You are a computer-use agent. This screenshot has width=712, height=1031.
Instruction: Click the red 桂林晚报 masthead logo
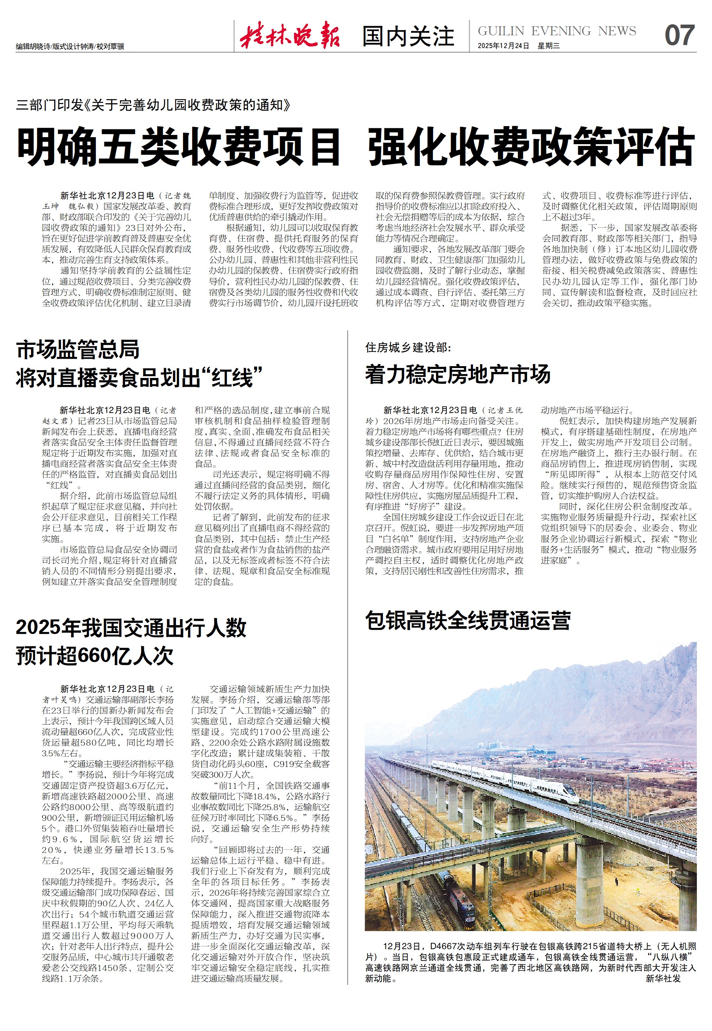click(290, 35)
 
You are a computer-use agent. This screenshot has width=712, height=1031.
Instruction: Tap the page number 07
click(679, 36)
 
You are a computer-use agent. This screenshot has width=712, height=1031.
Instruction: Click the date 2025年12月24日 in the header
click(503, 46)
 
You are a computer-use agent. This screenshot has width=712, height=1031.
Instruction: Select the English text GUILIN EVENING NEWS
click(557, 31)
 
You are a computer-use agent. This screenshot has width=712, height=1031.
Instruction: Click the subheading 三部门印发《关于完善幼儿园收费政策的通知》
click(153, 105)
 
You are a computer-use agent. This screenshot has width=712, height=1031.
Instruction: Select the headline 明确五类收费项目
click(179, 147)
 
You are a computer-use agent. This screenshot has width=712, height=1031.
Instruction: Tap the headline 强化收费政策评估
click(531, 147)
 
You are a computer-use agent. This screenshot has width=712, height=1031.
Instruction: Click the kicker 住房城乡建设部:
click(408, 347)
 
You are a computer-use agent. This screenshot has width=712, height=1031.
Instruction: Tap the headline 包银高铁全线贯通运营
click(467, 620)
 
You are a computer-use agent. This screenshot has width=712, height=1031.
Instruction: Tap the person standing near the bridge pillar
click(617, 882)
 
